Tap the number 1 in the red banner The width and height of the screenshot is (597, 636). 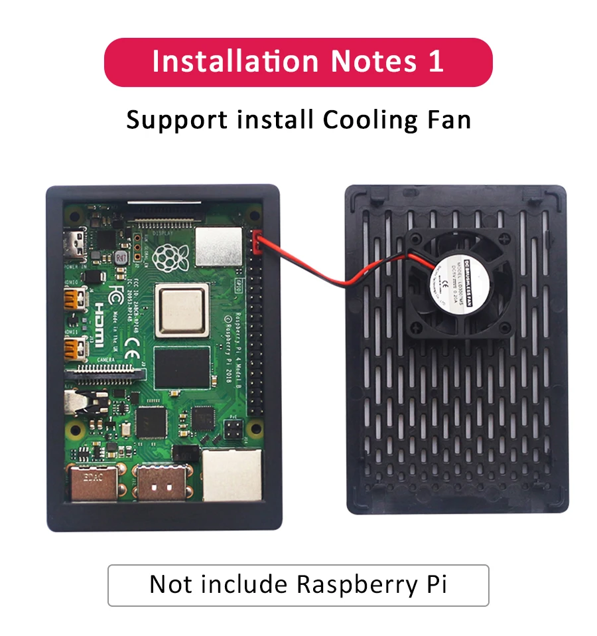coord(434,61)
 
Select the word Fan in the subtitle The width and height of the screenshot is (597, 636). coord(448,120)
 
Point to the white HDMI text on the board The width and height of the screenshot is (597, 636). coord(96,324)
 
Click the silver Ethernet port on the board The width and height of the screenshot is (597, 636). coord(231,475)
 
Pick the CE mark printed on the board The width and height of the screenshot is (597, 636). coord(132,344)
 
